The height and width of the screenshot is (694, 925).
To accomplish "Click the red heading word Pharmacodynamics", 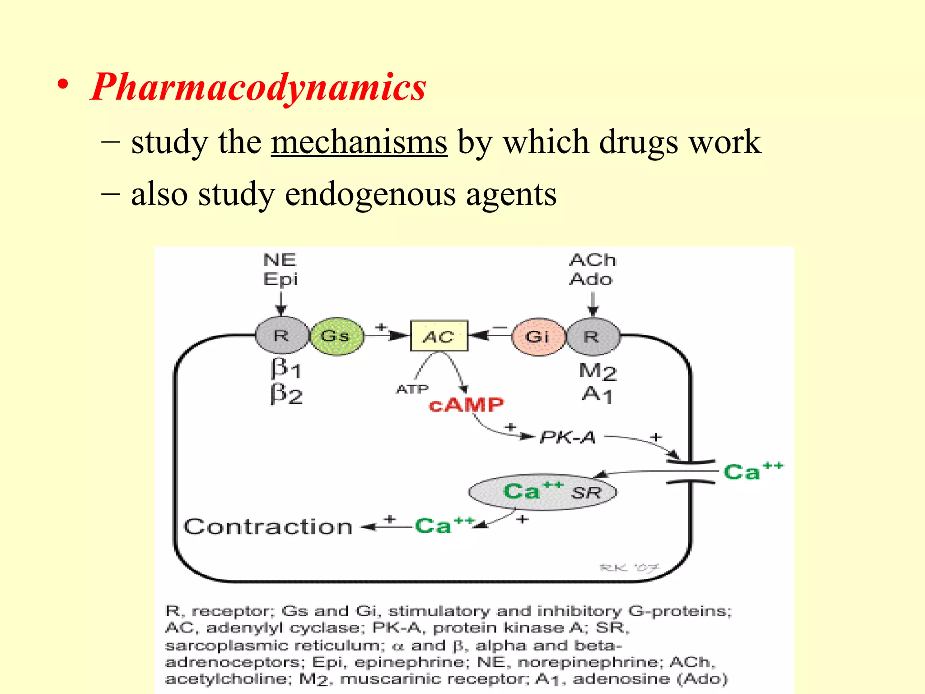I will (x=259, y=87).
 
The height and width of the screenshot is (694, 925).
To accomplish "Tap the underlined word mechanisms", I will (x=359, y=142).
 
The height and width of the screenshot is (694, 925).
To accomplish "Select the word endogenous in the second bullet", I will (x=370, y=194).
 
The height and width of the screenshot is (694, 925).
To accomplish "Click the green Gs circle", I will (x=336, y=336).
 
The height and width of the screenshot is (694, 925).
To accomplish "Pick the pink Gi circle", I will (x=538, y=337).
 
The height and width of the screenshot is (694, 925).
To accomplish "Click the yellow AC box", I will (x=439, y=336).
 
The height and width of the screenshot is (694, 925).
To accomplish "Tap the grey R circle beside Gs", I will (x=281, y=336).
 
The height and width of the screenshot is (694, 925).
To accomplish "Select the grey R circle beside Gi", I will (x=592, y=337).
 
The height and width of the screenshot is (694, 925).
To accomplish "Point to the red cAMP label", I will (x=466, y=405).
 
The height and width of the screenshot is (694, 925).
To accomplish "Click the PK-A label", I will (x=568, y=437).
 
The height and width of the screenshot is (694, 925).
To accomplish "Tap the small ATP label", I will (x=412, y=389).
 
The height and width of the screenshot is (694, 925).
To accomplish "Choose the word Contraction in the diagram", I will (x=268, y=527).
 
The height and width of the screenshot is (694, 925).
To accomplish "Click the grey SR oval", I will (x=542, y=492).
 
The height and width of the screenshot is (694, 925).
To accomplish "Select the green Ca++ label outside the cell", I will (x=752, y=471).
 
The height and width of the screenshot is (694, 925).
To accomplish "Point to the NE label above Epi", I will (x=280, y=260).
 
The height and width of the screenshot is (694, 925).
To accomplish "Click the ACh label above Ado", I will (x=592, y=260).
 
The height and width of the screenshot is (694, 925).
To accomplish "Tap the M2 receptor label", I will (x=597, y=371).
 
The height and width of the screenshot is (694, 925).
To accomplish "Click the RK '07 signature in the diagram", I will (x=629, y=567).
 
